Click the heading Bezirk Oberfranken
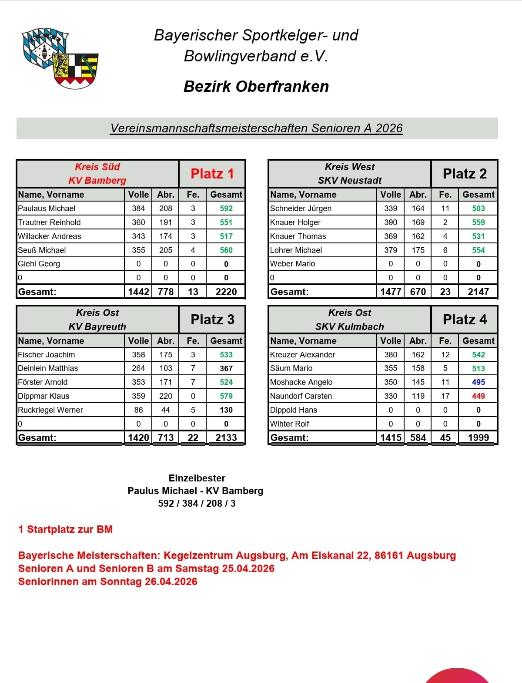[x=256, y=87]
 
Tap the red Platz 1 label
[x=212, y=174]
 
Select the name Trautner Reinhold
[x=49, y=222]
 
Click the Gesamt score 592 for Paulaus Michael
[x=226, y=209]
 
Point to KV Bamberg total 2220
[x=226, y=292]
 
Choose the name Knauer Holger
[x=295, y=222]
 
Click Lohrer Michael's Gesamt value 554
[x=478, y=250]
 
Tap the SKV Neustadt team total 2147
[x=478, y=292]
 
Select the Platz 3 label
[x=212, y=320]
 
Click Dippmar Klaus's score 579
[x=226, y=396]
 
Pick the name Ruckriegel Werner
[x=50, y=410]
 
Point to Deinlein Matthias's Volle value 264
[x=138, y=368]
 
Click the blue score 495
[x=478, y=382]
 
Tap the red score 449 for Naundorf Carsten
[x=478, y=396]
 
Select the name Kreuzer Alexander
[x=303, y=355]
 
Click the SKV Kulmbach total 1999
[x=478, y=437]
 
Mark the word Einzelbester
[x=197, y=478]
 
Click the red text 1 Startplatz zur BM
[x=66, y=529]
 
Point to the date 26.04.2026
[x=171, y=582]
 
